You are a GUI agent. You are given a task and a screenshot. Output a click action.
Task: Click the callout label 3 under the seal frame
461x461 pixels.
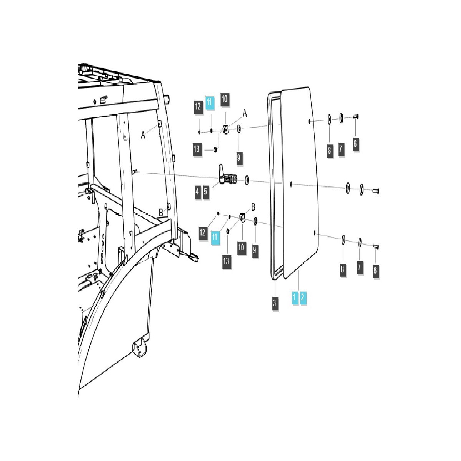[x=274, y=303]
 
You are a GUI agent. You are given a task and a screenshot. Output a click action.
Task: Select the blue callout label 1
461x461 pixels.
[x=295, y=297]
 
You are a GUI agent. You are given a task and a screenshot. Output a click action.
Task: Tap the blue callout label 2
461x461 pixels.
[x=303, y=297]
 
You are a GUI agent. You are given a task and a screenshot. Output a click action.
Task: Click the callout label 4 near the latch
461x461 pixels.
[x=197, y=192]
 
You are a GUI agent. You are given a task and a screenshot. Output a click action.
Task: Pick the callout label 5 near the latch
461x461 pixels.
[x=206, y=192]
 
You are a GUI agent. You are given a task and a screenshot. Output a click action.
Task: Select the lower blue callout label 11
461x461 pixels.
[x=214, y=236]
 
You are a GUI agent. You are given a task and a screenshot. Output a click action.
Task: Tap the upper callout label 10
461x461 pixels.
[x=224, y=99]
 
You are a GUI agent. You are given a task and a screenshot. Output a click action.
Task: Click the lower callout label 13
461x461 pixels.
[x=226, y=261]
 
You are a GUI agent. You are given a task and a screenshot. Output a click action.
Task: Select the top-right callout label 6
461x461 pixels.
[x=355, y=144]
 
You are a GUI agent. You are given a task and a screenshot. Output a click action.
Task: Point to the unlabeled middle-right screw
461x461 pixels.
[x=375, y=190]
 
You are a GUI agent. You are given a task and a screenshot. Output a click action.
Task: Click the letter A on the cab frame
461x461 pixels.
[x=143, y=135]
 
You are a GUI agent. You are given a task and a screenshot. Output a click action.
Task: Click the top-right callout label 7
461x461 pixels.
[x=341, y=149]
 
